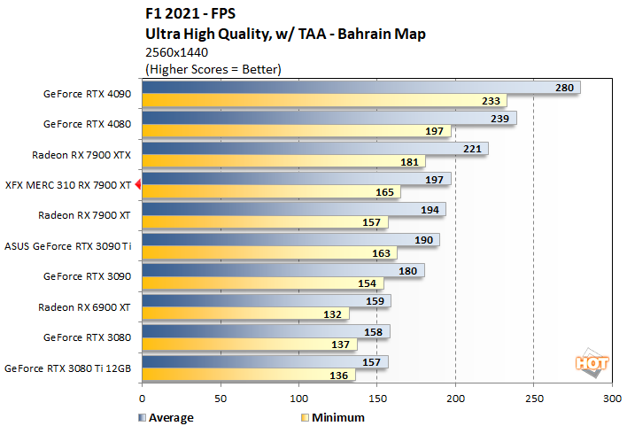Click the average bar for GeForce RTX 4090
point(354,88)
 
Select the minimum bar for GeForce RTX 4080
point(292,131)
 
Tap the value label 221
point(472,148)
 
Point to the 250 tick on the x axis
point(533,399)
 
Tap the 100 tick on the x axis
point(298,399)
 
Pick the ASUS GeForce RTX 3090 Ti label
point(68,246)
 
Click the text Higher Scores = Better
point(212,69)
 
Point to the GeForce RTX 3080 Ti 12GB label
point(69,368)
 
